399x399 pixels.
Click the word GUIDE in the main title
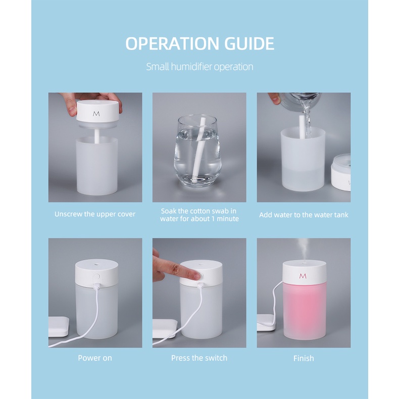(249, 43)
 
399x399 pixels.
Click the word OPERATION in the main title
(172, 43)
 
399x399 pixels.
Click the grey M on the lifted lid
(96, 114)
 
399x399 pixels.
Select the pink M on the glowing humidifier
(303, 276)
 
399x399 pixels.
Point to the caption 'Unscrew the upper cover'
(95, 214)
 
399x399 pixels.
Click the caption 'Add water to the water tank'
(304, 215)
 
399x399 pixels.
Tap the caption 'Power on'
(95, 358)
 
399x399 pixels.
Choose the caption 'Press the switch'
(199, 358)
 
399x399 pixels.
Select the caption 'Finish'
(304, 358)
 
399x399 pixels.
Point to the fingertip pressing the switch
(195, 275)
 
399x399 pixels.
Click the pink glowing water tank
(305, 311)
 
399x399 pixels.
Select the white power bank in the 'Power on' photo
(58, 327)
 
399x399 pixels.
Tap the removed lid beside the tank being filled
(341, 173)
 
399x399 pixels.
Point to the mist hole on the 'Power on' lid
(96, 264)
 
